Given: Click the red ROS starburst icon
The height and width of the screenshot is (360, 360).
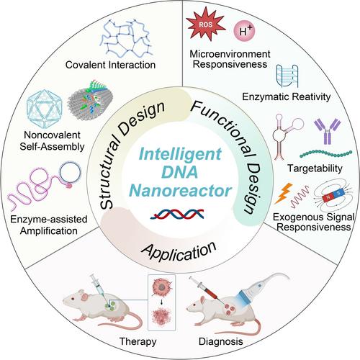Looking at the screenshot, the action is pyautogui.click(x=206, y=24).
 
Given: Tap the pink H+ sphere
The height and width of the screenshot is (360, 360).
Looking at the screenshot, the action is pyautogui.click(x=244, y=31).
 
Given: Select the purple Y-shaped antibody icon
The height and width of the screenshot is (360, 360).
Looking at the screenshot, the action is pyautogui.click(x=328, y=132).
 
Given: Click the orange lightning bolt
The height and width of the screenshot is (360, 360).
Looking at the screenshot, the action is pyautogui.click(x=284, y=193).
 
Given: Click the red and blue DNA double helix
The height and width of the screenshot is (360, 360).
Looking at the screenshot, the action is pyautogui.click(x=177, y=214).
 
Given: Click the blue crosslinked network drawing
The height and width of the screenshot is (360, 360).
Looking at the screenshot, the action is pyautogui.click(x=127, y=38).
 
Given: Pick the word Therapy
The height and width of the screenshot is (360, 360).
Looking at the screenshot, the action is pyautogui.click(x=138, y=341).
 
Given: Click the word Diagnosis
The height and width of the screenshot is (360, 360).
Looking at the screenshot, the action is pyautogui.click(x=221, y=341).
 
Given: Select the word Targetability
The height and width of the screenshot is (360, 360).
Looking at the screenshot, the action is pyautogui.click(x=315, y=168).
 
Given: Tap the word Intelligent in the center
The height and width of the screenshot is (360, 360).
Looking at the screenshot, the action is pyautogui.click(x=180, y=154).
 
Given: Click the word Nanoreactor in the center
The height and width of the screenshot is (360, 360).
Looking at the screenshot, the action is pyautogui.click(x=181, y=191).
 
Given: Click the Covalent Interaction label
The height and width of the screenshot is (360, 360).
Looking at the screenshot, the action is pyautogui.click(x=110, y=65).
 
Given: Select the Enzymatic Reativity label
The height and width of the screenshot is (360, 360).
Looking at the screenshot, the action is pyautogui.click(x=287, y=96).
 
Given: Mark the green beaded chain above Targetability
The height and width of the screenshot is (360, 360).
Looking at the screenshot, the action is pyautogui.click(x=326, y=153).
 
